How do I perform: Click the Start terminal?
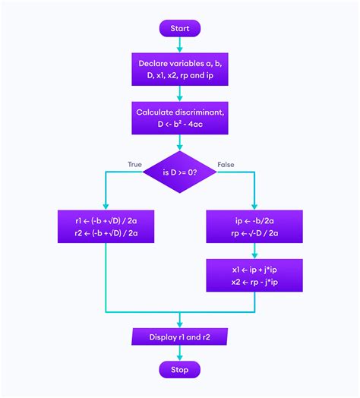179,28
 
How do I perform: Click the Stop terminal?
179,369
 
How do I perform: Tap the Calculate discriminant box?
179,118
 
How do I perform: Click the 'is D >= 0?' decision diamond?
179,172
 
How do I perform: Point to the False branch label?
226,164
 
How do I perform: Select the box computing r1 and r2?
106,226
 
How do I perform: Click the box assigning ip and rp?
254,226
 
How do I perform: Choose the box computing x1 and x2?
254,275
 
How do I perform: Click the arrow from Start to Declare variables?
179,45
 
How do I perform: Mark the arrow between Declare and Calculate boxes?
179,93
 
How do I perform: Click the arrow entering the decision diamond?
179,143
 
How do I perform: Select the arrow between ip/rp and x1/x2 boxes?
254,251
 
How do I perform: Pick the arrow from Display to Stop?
179,352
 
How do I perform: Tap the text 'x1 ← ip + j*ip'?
254,269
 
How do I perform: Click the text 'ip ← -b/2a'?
254,220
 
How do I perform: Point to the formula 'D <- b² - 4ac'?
179,124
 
